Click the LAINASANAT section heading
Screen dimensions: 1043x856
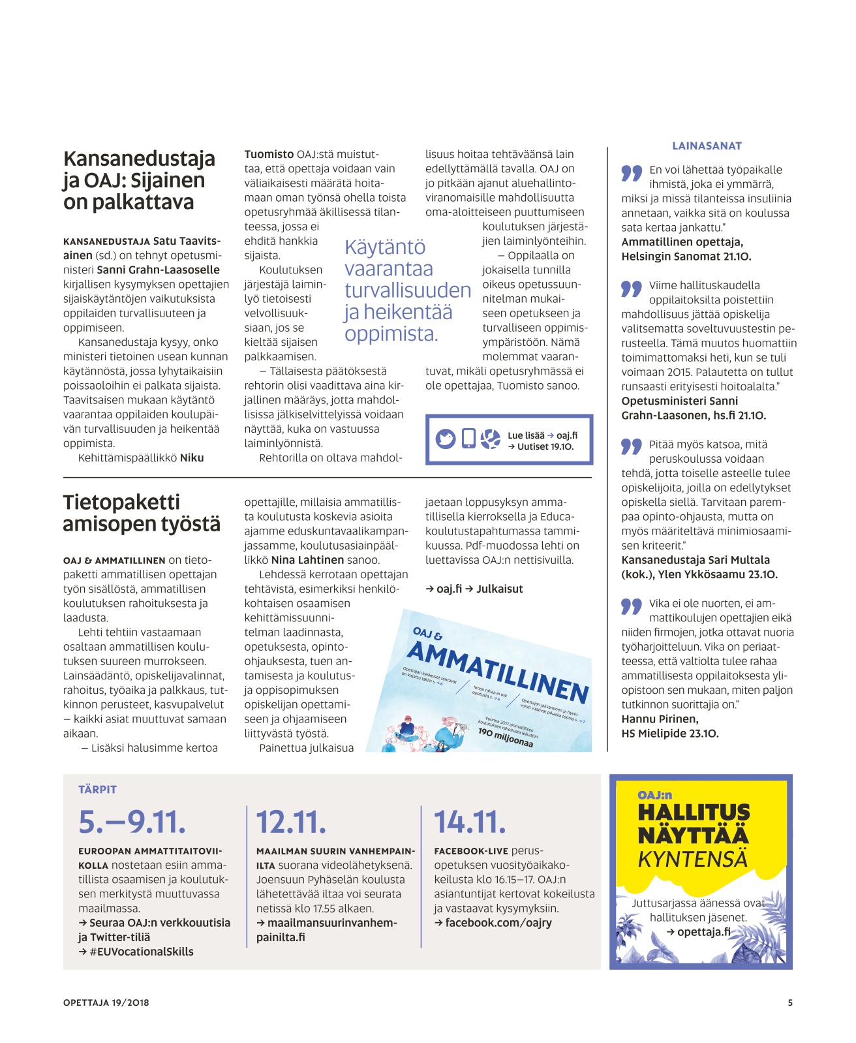pyautogui.click(x=707, y=146)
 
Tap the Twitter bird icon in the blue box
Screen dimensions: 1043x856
pyautogui.click(x=446, y=439)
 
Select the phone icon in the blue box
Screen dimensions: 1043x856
pyautogui.click(x=468, y=439)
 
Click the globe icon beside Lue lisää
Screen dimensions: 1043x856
pyautogui.click(x=490, y=439)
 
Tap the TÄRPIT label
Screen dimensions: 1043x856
pyautogui.click(x=97, y=790)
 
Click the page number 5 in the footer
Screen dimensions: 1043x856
pyautogui.click(x=789, y=1003)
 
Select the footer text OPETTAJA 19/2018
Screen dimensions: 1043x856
pyautogui.click(x=106, y=1003)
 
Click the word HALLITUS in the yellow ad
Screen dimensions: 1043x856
pyautogui.click(x=694, y=813)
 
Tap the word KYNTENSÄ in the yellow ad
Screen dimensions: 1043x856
pyautogui.click(x=692, y=860)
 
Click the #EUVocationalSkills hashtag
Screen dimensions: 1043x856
pyautogui.click(x=141, y=952)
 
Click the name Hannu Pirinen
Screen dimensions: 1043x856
pyautogui.click(x=660, y=719)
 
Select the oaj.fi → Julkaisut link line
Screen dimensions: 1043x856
pyautogui.click(x=474, y=589)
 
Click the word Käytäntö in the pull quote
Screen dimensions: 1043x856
pyautogui.click(x=384, y=247)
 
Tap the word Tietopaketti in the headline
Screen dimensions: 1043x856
pyautogui.click(x=121, y=502)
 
